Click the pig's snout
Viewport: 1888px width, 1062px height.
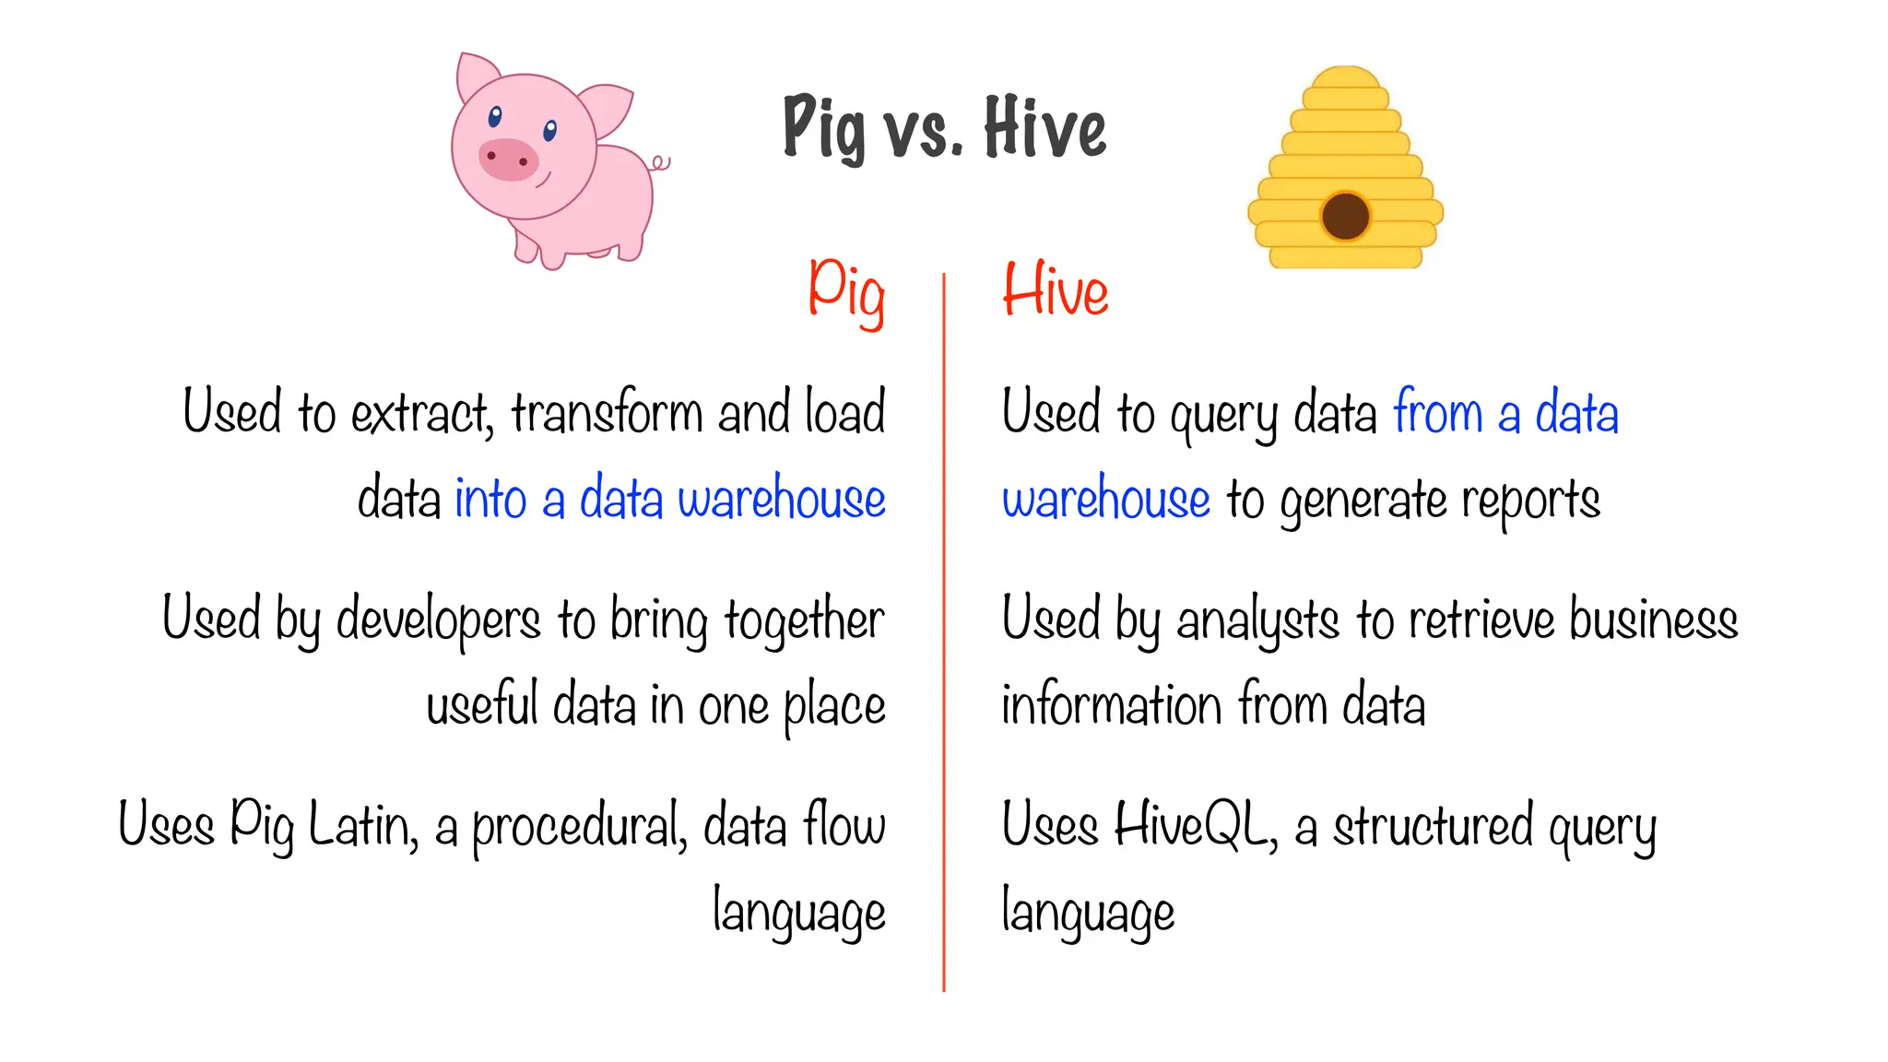[508, 159]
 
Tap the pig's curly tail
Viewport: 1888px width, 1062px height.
[660, 164]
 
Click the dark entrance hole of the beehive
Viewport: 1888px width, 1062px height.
[1345, 216]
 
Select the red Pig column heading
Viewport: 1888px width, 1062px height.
[846, 291]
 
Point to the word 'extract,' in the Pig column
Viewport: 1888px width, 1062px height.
[422, 413]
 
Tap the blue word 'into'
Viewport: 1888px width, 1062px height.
[490, 499]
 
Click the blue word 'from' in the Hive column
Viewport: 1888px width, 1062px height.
[1437, 412]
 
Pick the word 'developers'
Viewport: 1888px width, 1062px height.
[438, 619]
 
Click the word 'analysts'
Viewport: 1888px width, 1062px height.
[1257, 619]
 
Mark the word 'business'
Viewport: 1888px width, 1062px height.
[1654, 618]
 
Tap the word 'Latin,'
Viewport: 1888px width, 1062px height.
[362, 825]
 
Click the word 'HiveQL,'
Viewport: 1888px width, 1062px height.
[1196, 825]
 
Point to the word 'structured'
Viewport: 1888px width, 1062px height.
[1434, 825]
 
